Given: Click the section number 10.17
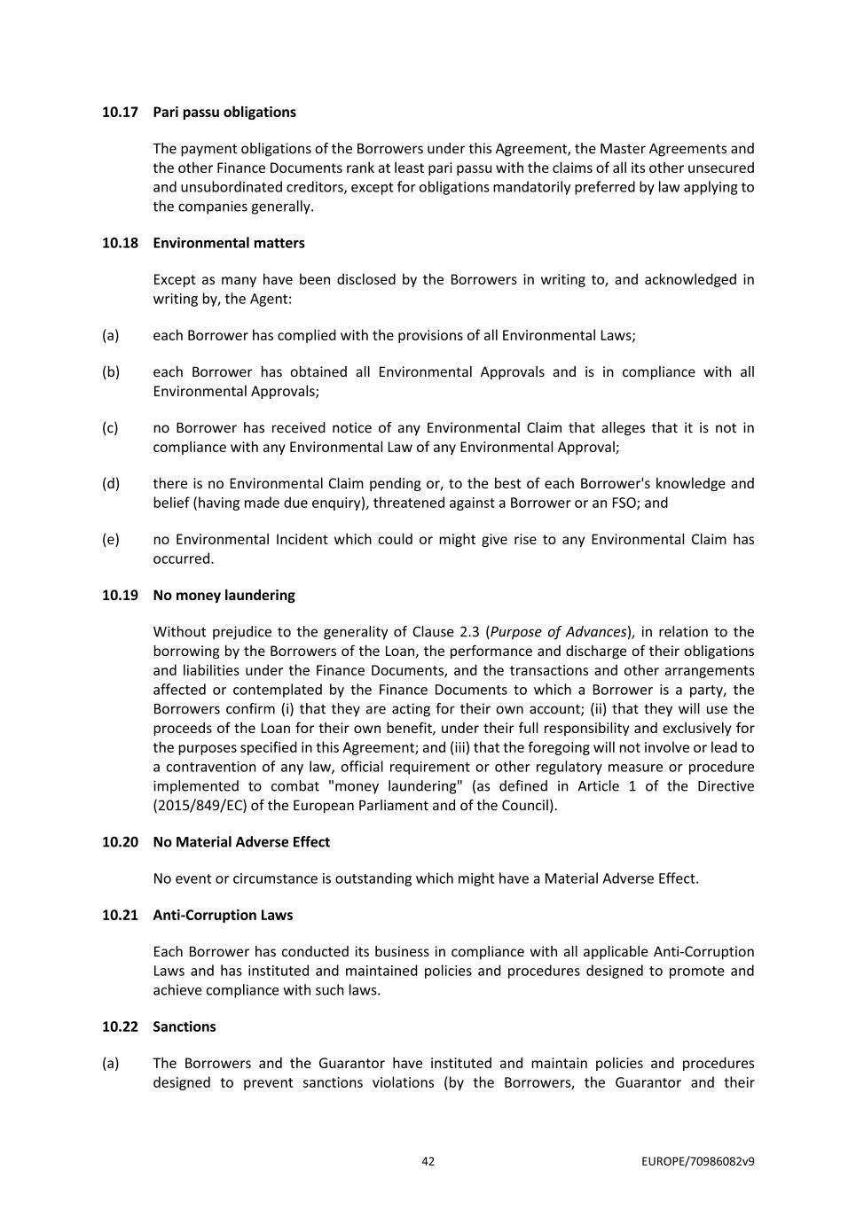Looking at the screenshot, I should [120, 112].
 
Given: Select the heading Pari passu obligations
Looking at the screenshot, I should [224, 112].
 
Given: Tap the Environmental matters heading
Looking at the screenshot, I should [228, 243].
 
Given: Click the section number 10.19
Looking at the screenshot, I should [120, 595].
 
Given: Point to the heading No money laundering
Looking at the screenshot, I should [224, 595].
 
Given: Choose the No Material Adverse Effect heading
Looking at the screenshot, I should [241, 842].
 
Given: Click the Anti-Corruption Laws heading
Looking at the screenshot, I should [223, 915].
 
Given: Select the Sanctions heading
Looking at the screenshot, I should [185, 1027].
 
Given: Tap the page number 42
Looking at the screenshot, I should [428, 1161].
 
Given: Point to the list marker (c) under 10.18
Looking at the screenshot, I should [110, 428].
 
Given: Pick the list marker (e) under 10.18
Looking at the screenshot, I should [110, 540].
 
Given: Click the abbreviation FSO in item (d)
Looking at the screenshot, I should [605, 503].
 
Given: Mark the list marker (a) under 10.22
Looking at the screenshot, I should [110, 1063].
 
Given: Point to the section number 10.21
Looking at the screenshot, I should [120, 915].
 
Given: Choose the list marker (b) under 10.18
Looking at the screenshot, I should [110, 372].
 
